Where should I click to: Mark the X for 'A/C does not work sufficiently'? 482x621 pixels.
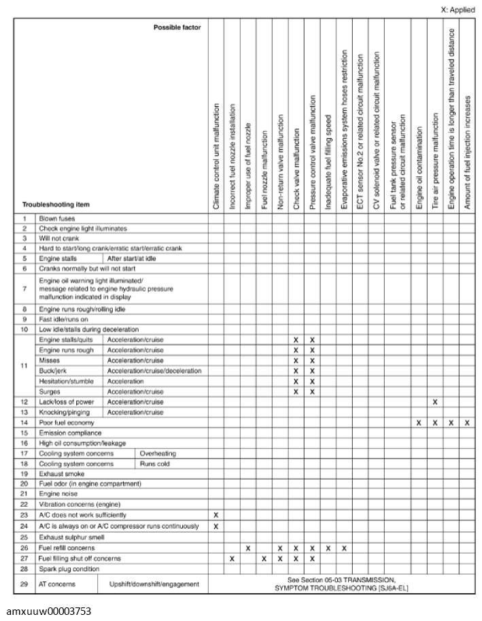216,515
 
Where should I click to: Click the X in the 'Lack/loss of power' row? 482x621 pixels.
435,402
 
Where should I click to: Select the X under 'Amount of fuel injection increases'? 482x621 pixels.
467,422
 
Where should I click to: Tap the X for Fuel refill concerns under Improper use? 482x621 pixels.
248,548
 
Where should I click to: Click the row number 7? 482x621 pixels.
24,288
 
